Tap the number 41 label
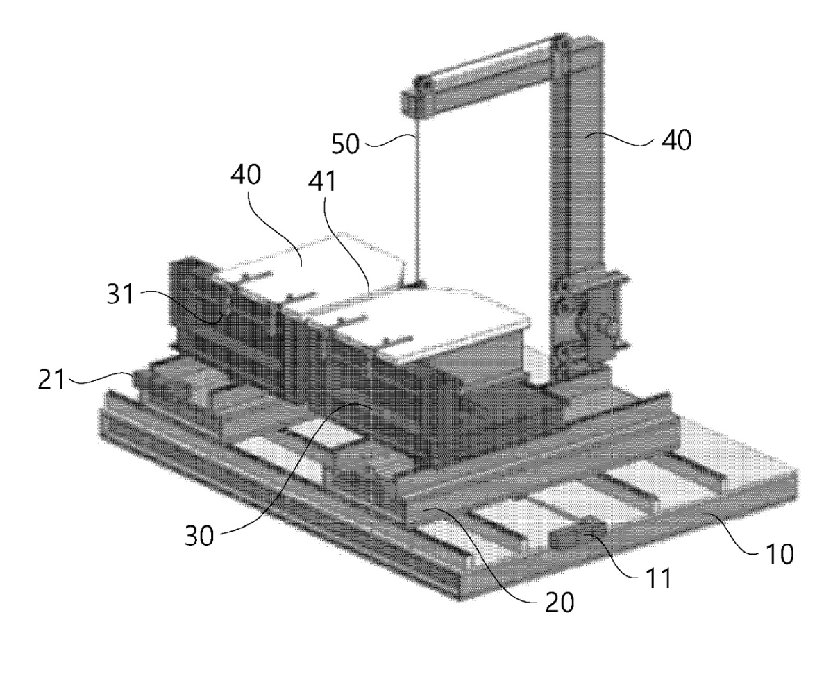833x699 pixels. pyautogui.click(x=322, y=183)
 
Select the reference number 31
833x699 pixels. pyautogui.click(x=119, y=296)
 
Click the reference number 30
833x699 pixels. pyautogui.click(x=199, y=535)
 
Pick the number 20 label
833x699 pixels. pyautogui.click(x=559, y=603)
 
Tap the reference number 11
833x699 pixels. pyautogui.click(x=658, y=578)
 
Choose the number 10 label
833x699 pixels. pyautogui.click(x=779, y=554)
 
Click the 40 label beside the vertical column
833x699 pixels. pyautogui.click(x=676, y=141)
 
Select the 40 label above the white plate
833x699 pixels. pyautogui.click(x=246, y=174)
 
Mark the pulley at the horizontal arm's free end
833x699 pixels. pyautogui.click(x=420, y=85)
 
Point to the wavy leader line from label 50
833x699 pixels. pyautogui.click(x=389, y=140)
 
